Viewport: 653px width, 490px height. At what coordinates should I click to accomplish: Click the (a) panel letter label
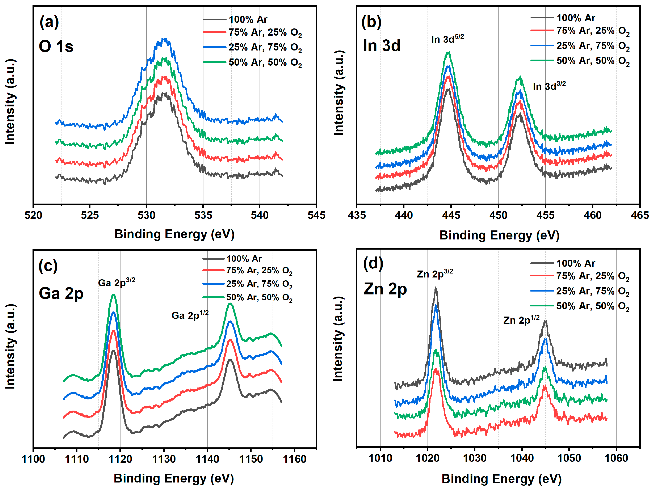click(49, 23)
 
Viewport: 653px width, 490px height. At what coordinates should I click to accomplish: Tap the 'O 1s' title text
click(56, 46)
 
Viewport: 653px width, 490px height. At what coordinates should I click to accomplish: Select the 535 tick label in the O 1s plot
click(203, 215)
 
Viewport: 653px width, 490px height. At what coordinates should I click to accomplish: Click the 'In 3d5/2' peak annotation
click(447, 39)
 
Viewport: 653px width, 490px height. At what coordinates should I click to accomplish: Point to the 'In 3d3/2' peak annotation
click(549, 86)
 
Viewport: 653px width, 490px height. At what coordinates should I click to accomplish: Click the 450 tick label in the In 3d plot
click(498, 215)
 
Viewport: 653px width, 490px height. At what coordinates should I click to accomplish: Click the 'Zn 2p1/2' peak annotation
click(521, 320)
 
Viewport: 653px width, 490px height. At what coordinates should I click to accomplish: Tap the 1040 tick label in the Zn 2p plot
click(522, 458)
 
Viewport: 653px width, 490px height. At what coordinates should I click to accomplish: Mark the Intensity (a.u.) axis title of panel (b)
click(339, 93)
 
